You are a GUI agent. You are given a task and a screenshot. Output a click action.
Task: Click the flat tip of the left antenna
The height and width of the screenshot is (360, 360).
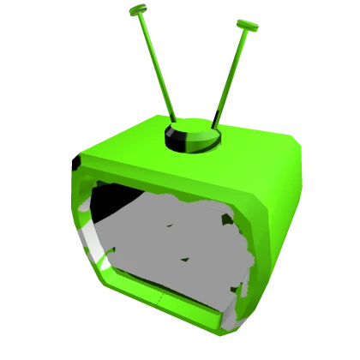pyautogui.click(x=138, y=11)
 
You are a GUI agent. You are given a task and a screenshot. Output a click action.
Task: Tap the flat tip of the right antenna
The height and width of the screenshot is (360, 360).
pyautogui.click(x=247, y=27)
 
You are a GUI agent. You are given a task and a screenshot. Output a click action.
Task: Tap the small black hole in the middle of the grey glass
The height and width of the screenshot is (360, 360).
pyautogui.click(x=183, y=259)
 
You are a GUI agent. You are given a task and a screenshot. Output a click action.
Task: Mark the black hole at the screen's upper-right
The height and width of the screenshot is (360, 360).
pyautogui.click(x=227, y=219)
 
